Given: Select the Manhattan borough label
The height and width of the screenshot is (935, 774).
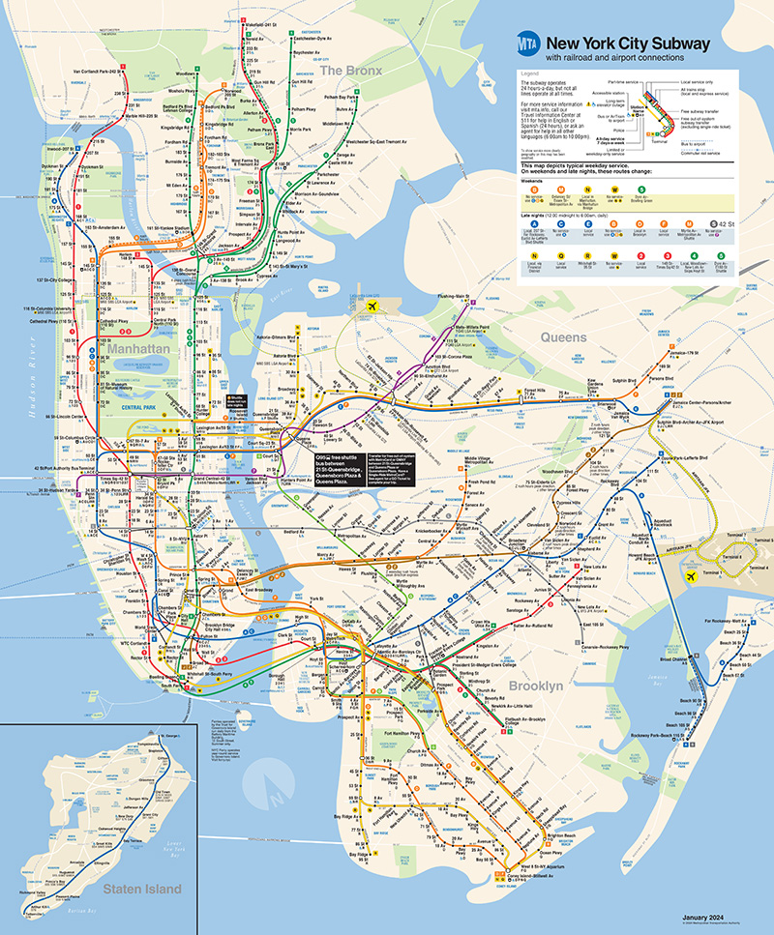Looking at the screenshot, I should click(138, 346).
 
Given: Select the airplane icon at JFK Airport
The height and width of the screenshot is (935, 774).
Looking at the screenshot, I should click(691, 576).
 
